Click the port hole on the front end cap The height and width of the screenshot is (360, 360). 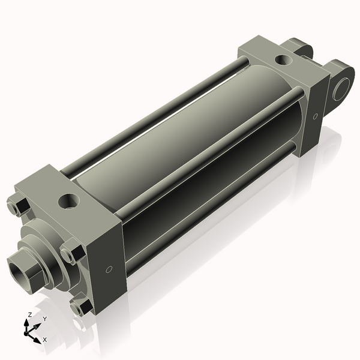click(x=68, y=200)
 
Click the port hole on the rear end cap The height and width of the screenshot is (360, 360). click(x=281, y=59)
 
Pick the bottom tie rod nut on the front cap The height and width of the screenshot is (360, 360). click(x=82, y=308)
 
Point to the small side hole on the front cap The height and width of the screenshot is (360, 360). click(x=109, y=269)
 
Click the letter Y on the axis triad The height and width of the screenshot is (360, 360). click(x=45, y=319)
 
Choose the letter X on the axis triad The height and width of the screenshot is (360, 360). click(x=45, y=340)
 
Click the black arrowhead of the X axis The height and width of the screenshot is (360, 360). click(x=37, y=338)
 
